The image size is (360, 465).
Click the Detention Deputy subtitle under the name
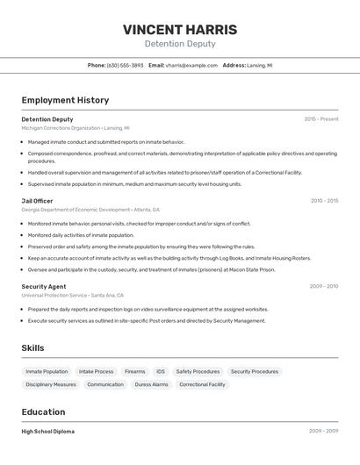coord(179,44)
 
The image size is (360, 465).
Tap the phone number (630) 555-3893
coord(125,65)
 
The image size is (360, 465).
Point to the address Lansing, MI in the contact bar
coord(259,65)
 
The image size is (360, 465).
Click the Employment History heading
coord(65,100)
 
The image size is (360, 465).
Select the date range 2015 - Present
coord(320,119)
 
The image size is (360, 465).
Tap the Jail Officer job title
coord(37,201)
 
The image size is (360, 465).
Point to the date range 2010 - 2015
coord(324,201)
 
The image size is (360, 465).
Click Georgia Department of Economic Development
coord(76,210)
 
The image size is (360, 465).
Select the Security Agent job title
coord(44,286)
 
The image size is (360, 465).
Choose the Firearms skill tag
coord(134,371)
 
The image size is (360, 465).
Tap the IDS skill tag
coord(161,371)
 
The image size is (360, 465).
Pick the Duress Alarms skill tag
coord(151,384)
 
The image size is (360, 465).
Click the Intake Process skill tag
coord(96,371)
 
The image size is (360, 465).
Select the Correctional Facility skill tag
coord(202,384)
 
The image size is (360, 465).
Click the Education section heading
coord(43,411)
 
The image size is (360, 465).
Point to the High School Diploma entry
coord(47,432)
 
